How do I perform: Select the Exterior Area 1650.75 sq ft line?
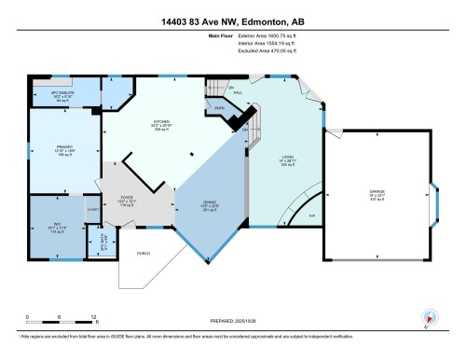pyautogui.click(x=266, y=43)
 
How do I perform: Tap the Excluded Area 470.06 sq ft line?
pyautogui.click(x=266, y=58)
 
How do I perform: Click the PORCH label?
pyautogui.click(x=144, y=253)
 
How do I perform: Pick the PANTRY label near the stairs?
pyautogui.click(x=219, y=110)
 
